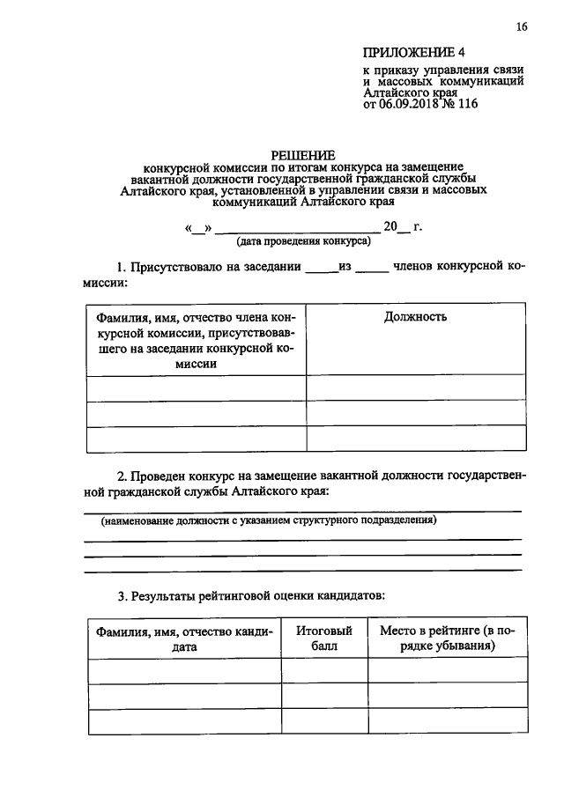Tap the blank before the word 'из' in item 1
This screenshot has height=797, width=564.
tap(321, 268)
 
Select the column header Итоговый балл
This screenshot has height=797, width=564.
tap(323, 638)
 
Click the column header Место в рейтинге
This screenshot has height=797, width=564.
tap(447, 638)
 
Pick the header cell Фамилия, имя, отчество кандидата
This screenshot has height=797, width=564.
tap(184, 638)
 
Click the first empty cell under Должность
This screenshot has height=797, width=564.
tap(415, 388)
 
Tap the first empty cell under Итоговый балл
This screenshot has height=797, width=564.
tap(323, 671)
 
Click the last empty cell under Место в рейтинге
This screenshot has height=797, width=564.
tap(447, 721)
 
